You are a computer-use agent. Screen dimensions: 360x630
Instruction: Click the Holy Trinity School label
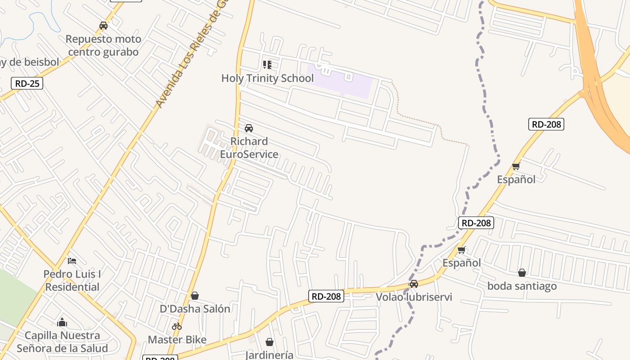click(267, 78)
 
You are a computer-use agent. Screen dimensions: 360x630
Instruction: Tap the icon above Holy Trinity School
click(267, 65)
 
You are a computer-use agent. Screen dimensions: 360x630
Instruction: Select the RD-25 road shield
click(27, 83)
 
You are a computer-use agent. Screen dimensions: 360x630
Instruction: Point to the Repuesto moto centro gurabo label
click(103, 45)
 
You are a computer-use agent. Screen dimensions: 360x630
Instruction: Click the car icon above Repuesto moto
click(103, 26)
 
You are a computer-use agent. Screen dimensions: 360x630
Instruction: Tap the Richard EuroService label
click(249, 148)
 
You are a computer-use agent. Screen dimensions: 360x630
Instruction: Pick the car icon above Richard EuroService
click(249, 128)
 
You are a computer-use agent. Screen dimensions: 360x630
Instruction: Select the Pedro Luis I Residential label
click(72, 280)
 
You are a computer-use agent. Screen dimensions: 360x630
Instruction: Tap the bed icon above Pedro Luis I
click(72, 261)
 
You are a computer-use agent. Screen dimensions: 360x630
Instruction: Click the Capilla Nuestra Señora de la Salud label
click(62, 342)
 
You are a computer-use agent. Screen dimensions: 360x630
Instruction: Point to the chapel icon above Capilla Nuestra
click(62, 322)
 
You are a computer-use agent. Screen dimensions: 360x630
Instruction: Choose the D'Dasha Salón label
click(195, 309)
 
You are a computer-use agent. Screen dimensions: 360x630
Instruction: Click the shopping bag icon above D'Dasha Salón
click(195, 296)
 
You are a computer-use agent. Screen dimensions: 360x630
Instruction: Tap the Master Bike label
click(177, 340)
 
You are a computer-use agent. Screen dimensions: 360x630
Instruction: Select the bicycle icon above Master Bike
click(177, 326)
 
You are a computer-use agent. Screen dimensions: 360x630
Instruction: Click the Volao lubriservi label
click(414, 297)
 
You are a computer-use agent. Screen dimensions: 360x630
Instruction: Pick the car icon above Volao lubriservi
click(414, 284)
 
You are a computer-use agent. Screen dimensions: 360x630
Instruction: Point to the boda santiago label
click(522, 286)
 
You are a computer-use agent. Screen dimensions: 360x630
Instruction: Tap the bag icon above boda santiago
click(522, 273)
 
